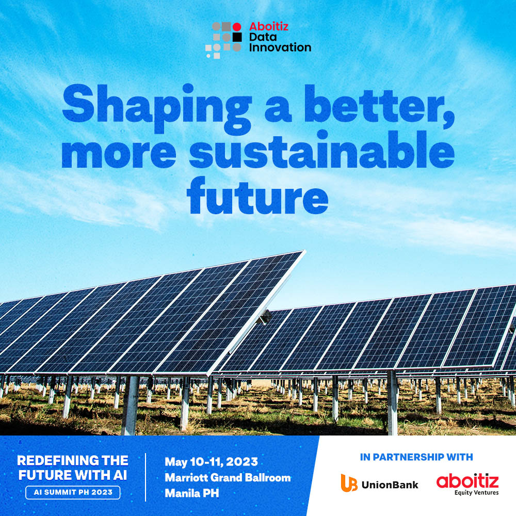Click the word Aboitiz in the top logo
[268, 26]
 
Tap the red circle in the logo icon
[237, 27]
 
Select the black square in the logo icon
[237, 37]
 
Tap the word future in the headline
[257, 195]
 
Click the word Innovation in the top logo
[280, 47]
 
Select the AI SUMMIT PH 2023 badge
[73, 492]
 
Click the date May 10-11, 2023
[211, 462]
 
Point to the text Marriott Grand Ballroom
[228, 477]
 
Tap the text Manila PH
[191, 493]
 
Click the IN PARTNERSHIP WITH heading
[416, 457]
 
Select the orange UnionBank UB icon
[349, 483]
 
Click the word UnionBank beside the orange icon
[390, 485]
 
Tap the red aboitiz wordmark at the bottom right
[467, 481]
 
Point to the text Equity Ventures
[476, 493]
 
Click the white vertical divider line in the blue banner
[146, 477]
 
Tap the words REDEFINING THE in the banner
[73, 460]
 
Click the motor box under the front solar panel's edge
[265, 317]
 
